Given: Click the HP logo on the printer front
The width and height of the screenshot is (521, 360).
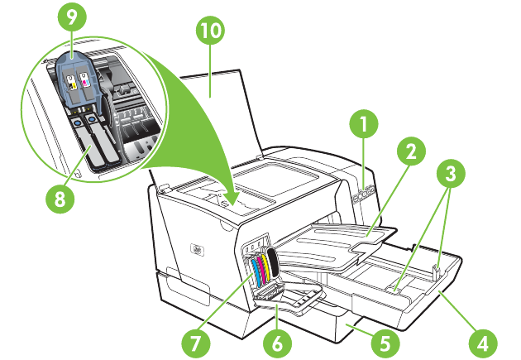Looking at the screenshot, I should [x=196, y=248].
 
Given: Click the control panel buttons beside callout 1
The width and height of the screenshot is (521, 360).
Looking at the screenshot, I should [x=362, y=194].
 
